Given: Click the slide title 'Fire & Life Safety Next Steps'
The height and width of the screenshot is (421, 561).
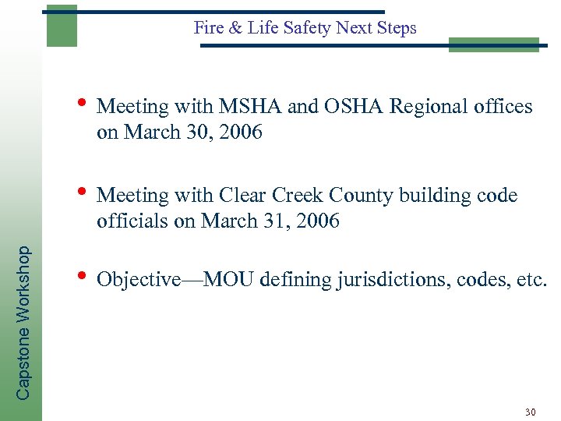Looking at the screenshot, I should click(x=305, y=28).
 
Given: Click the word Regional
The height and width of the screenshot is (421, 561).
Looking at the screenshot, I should click(x=428, y=107).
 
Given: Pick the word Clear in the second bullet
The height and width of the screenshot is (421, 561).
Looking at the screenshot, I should click(x=244, y=195).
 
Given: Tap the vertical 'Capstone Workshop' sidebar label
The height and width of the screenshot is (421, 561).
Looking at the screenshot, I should click(x=23, y=323).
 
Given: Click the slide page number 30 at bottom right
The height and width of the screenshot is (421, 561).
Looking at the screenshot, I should click(x=531, y=412).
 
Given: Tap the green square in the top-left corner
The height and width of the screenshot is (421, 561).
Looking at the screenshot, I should click(x=62, y=26).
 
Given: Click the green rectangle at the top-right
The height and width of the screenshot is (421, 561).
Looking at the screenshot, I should click(x=494, y=44).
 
